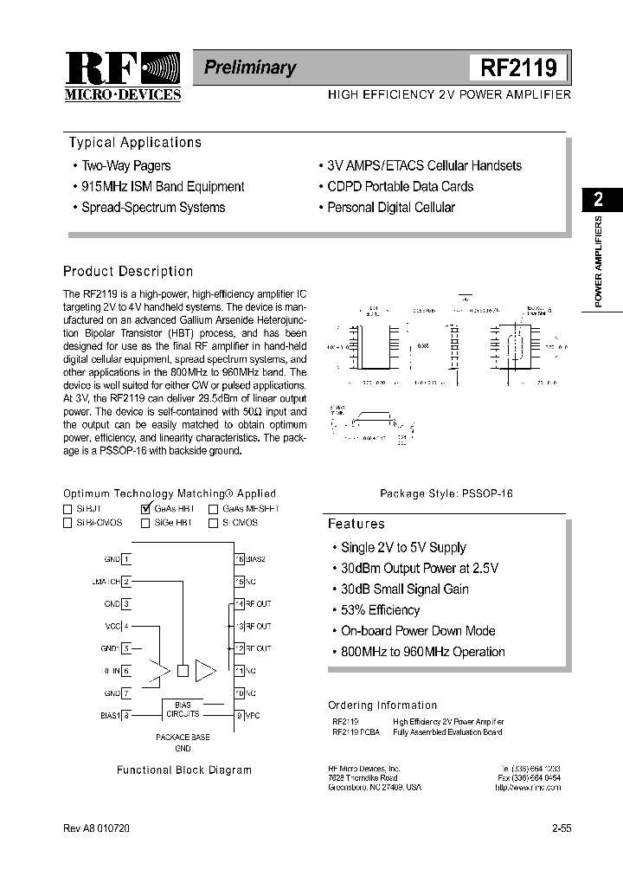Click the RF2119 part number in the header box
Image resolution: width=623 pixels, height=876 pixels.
(x=517, y=68)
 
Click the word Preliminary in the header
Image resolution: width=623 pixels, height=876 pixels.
(x=250, y=68)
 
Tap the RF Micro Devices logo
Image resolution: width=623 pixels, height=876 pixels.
(x=123, y=76)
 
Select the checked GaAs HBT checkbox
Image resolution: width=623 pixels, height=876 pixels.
(x=145, y=509)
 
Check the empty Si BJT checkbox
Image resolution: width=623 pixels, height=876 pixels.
(x=67, y=509)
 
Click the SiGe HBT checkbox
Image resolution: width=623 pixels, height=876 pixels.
(x=145, y=523)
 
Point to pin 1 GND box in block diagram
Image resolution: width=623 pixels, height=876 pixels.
(x=126, y=560)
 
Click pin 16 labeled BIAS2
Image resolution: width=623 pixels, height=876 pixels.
(x=240, y=560)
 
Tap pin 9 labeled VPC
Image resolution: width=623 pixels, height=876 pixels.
(x=240, y=715)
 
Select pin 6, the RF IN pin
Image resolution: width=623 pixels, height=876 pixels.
(x=126, y=671)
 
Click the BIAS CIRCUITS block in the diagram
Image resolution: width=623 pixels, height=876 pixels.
(x=182, y=710)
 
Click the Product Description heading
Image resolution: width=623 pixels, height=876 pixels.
(x=128, y=271)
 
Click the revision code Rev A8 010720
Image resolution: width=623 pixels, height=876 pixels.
(x=96, y=828)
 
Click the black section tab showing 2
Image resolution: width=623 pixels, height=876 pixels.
(x=599, y=200)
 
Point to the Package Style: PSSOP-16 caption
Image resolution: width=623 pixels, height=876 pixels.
(x=446, y=493)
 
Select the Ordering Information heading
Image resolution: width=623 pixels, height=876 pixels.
(x=382, y=705)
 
